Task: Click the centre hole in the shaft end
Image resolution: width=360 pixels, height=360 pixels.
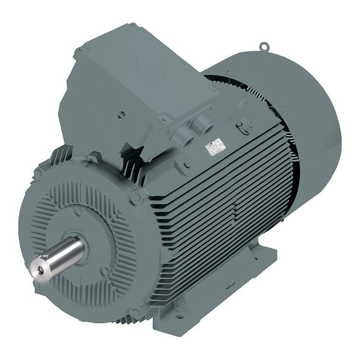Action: tap(40, 270)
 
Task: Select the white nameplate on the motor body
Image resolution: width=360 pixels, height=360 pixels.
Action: tap(215, 147)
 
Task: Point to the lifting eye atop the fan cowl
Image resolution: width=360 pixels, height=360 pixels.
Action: tap(264, 47)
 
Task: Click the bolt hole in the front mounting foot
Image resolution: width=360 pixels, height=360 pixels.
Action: tap(179, 316)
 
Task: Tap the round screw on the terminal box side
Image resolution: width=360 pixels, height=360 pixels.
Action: tap(121, 115)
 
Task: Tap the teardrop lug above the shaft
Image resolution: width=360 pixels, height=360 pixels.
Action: tap(78, 210)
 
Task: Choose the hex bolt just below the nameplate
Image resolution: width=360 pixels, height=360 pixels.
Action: tap(186, 165)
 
